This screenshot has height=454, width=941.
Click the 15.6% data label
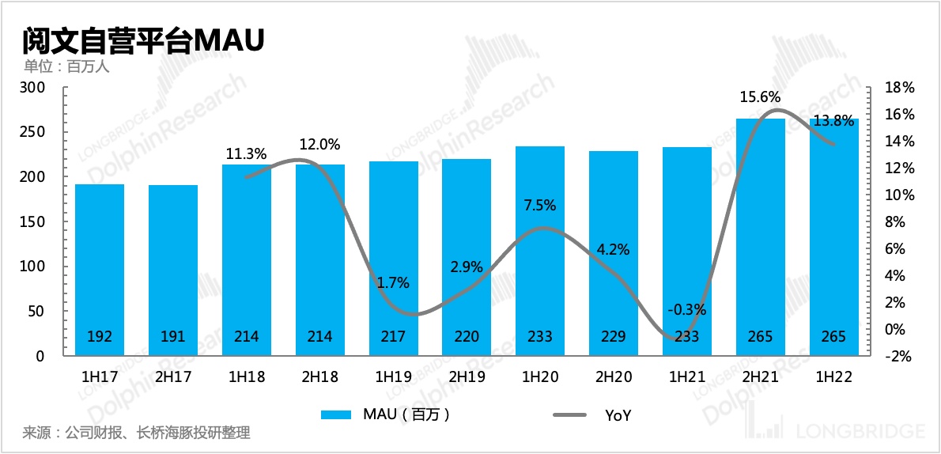coord(760,97)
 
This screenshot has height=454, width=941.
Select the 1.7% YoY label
coord(392,282)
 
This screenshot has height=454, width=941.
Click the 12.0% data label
coord(319,145)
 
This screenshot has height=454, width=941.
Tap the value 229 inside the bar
coord(614,336)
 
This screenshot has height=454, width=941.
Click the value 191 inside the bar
coord(172,336)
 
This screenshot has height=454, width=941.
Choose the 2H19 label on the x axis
coord(467,377)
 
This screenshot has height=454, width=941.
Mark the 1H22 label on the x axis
coord(833,377)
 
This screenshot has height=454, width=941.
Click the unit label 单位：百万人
coord(66,66)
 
